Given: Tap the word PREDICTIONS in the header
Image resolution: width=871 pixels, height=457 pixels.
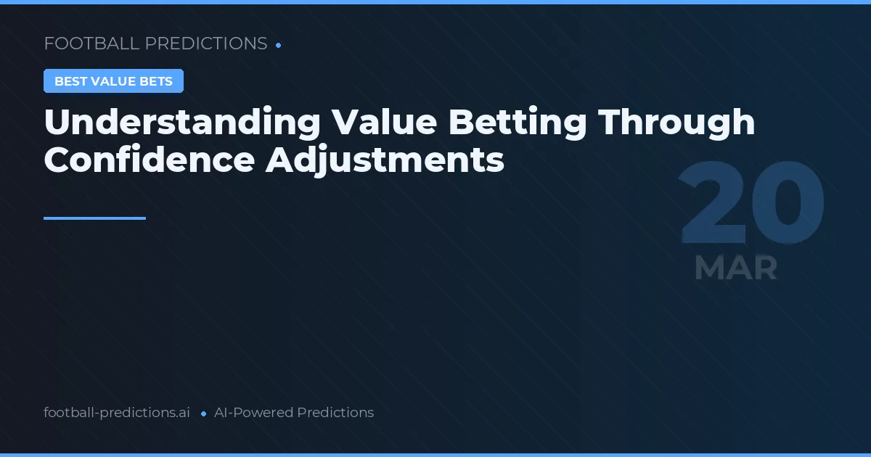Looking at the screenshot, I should (206, 44).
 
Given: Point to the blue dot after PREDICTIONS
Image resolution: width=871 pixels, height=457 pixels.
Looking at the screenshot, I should (279, 45).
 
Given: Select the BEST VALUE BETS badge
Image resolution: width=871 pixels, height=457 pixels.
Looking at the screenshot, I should (113, 81).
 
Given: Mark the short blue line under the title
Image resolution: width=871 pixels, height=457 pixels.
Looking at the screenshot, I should (94, 218).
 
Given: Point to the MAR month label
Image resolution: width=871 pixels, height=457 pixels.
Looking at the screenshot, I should (735, 268).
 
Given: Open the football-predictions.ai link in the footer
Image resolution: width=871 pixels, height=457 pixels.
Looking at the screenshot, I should (117, 413).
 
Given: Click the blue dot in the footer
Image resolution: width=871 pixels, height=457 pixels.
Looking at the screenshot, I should (203, 413).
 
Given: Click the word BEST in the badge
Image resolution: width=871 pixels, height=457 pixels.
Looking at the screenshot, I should (70, 81).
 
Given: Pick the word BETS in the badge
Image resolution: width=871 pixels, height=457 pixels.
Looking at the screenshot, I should (157, 81).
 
